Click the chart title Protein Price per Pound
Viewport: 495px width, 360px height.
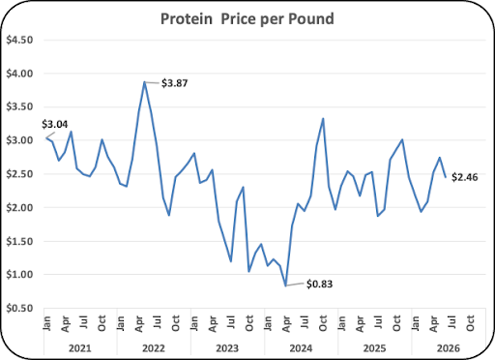(247, 18)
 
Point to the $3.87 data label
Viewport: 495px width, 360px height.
(174, 83)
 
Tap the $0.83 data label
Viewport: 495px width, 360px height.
(319, 285)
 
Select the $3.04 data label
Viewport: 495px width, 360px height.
(55, 124)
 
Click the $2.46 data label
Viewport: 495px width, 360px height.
(465, 177)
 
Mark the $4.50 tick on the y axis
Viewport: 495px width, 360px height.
(19, 40)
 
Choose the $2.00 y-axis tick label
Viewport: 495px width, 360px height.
(19, 208)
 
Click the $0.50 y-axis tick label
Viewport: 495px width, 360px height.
(19, 309)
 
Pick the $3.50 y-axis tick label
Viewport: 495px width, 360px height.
(19, 106)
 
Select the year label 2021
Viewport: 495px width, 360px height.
(80, 348)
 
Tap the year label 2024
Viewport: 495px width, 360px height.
(301, 348)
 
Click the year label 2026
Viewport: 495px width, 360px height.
(449, 348)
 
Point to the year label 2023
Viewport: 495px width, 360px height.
(227, 348)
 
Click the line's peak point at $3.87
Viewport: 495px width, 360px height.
(145, 82)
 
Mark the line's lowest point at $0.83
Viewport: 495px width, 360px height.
(285, 285)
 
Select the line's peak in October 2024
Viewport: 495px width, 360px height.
(323, 119)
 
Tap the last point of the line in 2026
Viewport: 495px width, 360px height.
(446, 177)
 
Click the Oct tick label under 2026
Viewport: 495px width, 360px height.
(470, 323)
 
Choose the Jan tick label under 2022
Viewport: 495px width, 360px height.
(120, 323)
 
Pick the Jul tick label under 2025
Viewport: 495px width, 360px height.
(378, 322)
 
